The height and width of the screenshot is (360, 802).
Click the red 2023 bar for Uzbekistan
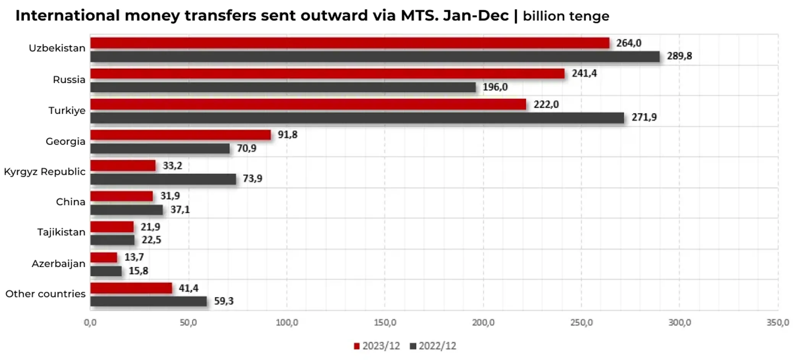(349, 43)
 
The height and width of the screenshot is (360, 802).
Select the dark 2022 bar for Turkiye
(357, 118)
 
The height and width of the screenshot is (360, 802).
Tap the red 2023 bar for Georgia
(180, 135)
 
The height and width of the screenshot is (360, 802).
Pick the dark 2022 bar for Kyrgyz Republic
(163, 179)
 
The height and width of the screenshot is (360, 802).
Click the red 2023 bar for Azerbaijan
(104, 258)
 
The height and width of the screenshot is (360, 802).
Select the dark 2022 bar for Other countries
(149, 301)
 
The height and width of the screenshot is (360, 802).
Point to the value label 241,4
(584, 73)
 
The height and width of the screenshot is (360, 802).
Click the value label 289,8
(679, 56)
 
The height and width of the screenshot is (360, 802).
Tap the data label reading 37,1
(180, 210)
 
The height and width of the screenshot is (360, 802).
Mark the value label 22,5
(151, 240)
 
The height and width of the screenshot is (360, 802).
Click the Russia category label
(69, 80)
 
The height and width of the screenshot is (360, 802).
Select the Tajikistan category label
(61, 232)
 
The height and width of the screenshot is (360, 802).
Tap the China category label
(70, 202)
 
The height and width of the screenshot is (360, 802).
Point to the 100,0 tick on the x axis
(287, 323)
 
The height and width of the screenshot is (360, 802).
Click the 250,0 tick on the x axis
(581, 323)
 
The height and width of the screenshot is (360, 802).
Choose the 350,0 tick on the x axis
(778, 323)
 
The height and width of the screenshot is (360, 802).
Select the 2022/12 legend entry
(433, 346)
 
